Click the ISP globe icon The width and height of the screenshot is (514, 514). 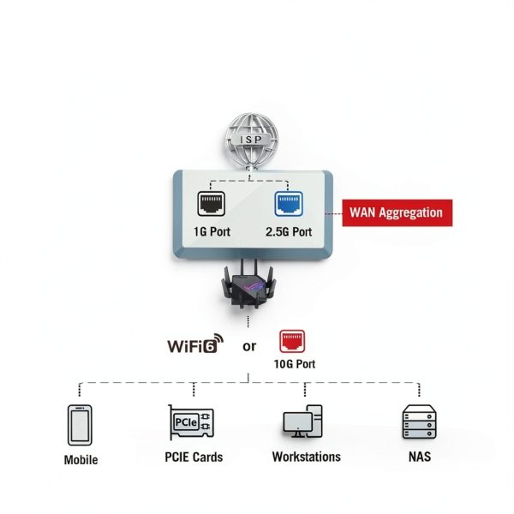tap(252, 141)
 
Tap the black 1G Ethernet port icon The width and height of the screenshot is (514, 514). tap(211, 204)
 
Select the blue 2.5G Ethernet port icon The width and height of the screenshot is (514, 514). tap(289, 204)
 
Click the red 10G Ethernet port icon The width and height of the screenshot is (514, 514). tap(292, 342)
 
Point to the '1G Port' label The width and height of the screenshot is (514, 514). tap(212, 232)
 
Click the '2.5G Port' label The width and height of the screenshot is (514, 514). tap(289, 232)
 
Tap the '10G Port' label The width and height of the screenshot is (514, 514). tap(295, 364)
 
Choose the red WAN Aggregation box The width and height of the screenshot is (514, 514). tap(397, 212)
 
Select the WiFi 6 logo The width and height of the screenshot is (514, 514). tap(195, 344)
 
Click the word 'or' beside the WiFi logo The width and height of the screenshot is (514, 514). tap(249, 346)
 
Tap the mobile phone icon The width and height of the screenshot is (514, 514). tap(80, 425)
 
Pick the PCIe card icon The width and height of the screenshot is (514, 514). tap(191, 422)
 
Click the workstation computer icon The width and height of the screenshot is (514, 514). tap(302, 421)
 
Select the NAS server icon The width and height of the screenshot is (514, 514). tap(419, 421)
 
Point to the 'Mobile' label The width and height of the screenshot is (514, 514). tap(81, 459)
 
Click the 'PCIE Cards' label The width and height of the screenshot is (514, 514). tap(194, 457)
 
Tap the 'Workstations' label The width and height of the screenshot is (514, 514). tap(306, 457)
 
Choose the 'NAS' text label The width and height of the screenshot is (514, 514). tap(420, 457)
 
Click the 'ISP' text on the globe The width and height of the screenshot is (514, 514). tap(251, 140)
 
